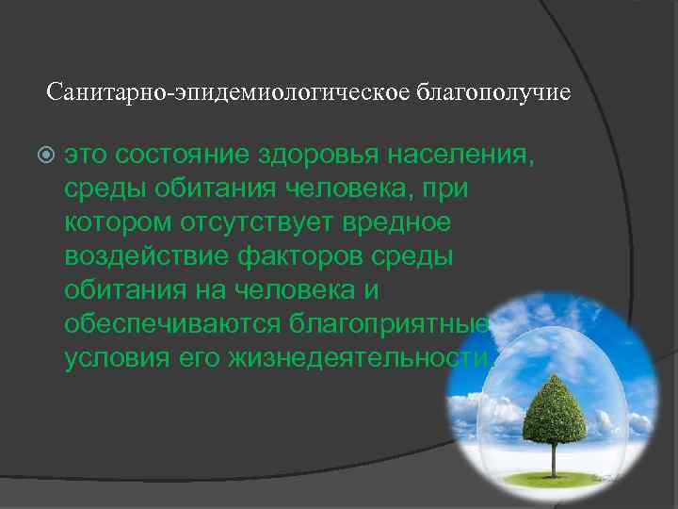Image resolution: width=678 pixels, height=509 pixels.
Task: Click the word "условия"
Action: (x=113, y=357)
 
